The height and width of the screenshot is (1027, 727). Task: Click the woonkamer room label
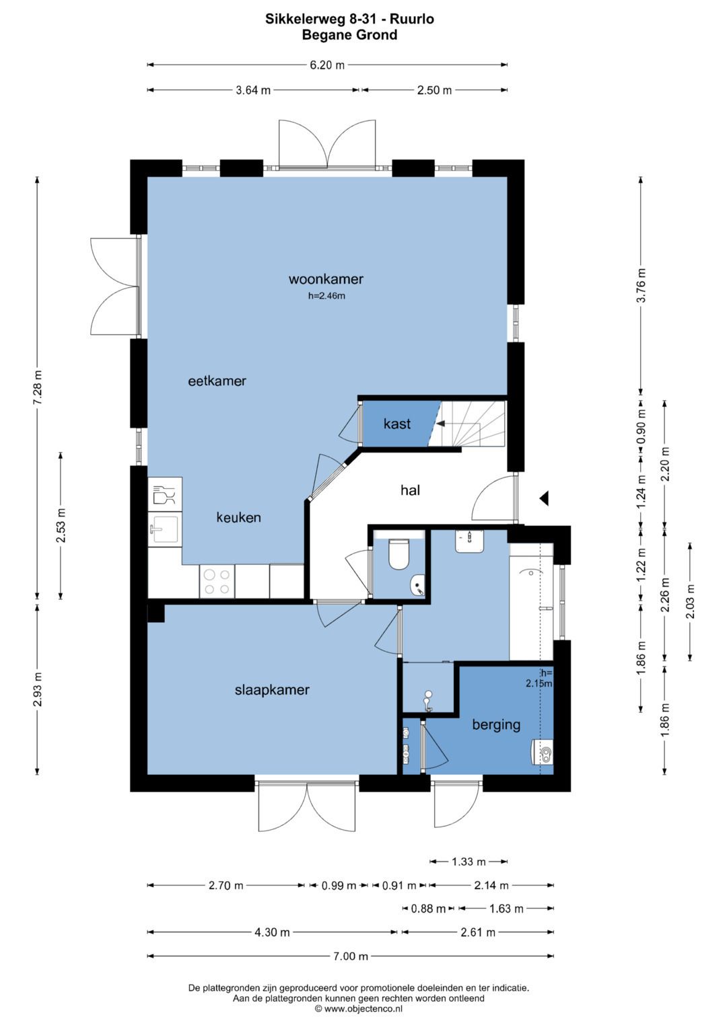326,279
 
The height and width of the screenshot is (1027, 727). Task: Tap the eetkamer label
217,381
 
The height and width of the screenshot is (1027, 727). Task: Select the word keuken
239,518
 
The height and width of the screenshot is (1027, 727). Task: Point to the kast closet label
397,424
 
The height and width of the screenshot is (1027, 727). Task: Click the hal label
411,490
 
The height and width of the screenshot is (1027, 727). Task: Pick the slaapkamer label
272,690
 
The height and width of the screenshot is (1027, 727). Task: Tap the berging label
497,725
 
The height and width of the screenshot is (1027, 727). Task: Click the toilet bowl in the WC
399,554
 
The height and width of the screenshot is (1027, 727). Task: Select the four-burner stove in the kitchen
217,582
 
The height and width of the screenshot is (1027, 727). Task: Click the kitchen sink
165,529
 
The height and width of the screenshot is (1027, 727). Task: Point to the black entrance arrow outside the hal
545,498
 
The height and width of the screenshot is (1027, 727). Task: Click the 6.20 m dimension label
327,65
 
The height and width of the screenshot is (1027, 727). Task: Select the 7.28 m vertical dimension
38,387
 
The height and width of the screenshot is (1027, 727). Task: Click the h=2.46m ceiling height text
326,296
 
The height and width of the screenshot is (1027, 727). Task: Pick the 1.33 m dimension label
469,862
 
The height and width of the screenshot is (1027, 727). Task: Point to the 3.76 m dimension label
641,285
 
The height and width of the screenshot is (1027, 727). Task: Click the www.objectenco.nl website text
359,1008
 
